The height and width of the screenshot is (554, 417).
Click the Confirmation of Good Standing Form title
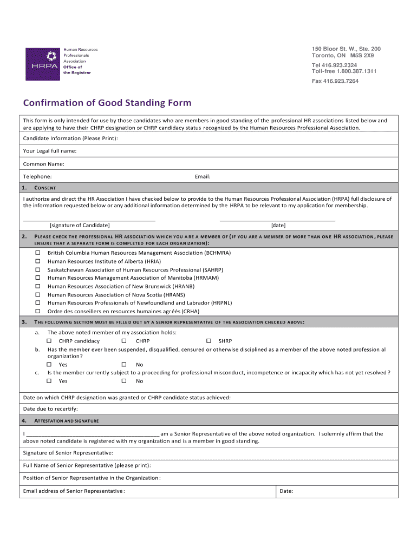coord(107,103)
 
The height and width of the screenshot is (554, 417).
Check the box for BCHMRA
coord(38,253)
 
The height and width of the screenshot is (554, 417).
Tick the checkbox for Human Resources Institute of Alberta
coord(38,261)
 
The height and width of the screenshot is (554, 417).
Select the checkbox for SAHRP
coord(38,269)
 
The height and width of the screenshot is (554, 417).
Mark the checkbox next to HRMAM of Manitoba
coord(38,278)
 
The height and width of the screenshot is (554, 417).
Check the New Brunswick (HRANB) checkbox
coord(38,286)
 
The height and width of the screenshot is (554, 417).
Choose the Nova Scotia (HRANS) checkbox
coord(38,295)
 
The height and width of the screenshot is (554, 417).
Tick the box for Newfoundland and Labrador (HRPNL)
coord(38,303)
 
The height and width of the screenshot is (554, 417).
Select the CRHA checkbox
coord(38,312)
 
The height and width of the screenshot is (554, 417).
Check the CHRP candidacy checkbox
coord(49,341)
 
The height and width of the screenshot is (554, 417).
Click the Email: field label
coord(202,177)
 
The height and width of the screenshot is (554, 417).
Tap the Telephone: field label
coord(37,177)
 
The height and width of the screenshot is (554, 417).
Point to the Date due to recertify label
coord(50,408)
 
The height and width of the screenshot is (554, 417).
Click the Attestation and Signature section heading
coord(67,420)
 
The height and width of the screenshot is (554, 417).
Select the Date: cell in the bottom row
coord(286,491)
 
